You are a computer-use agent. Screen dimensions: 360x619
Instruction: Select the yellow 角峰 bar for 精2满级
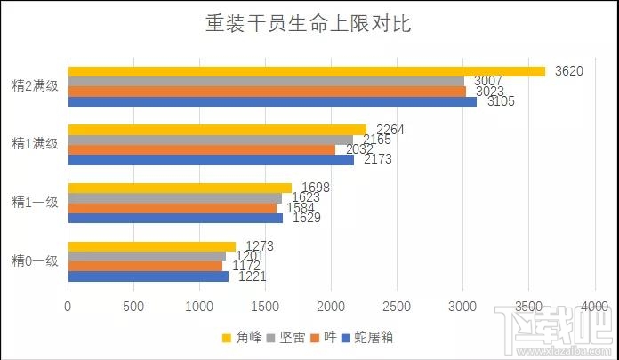(x=306, y=71)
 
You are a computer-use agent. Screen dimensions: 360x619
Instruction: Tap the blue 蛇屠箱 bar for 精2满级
(x=272, y=101)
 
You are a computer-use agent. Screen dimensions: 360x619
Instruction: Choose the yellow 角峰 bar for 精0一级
(x=151, y=246)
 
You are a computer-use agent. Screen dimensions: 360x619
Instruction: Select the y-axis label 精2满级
(x=35, y=86)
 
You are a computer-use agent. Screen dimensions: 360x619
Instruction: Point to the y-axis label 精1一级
(x=35, y=202)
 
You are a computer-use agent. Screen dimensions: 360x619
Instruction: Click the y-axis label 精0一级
(x=35, y=260)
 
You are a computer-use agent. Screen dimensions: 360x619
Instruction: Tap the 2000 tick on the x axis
(x=331, y=307)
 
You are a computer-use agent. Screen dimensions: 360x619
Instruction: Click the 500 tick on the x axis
(x=133, y=307)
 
